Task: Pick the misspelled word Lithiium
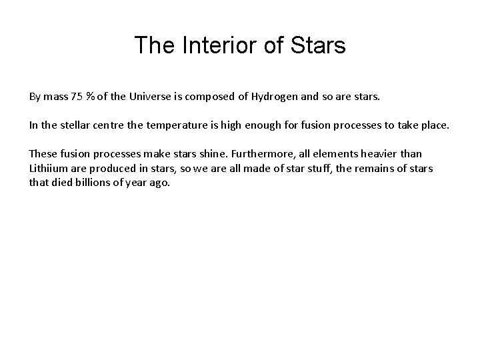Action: (x=49, y=168)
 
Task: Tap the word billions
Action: (x=93, y=182)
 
